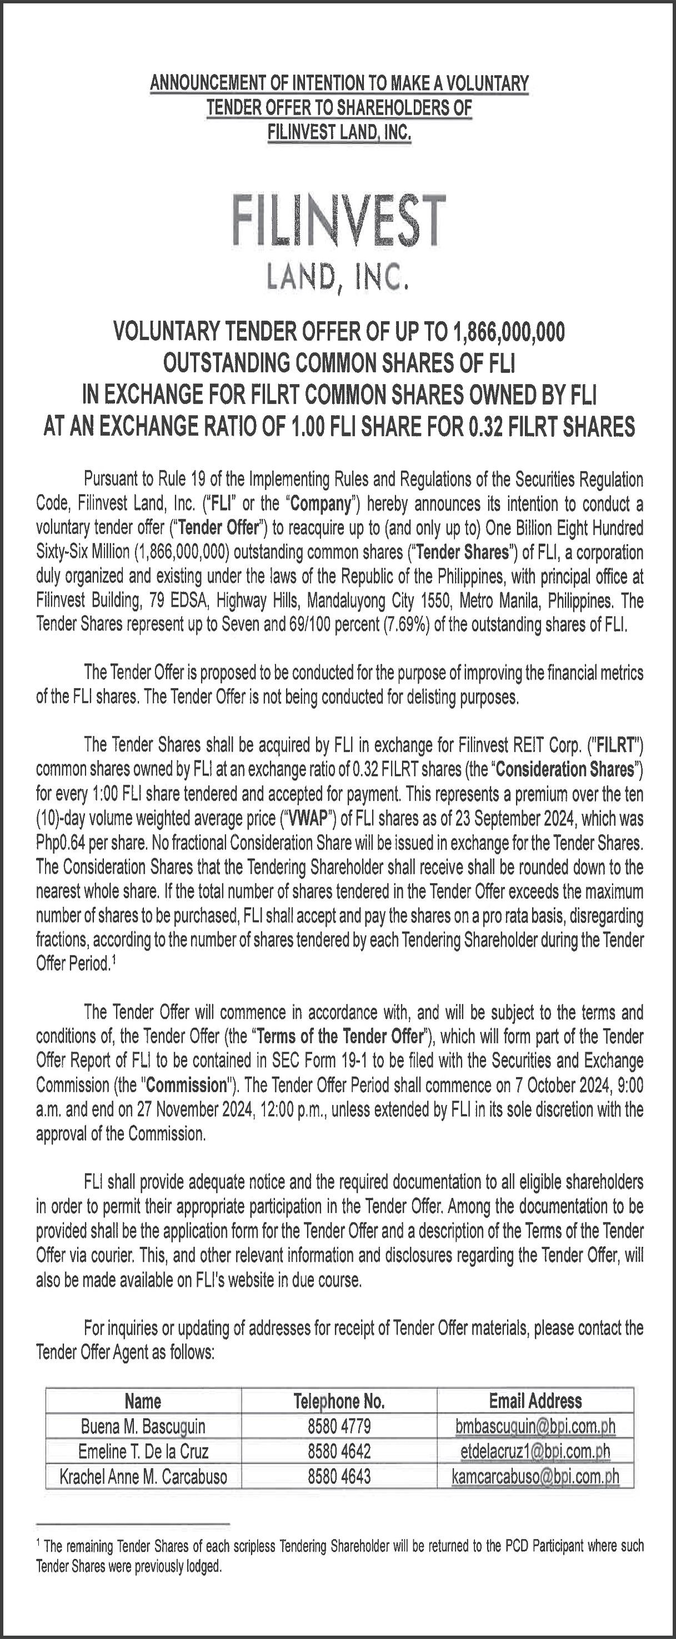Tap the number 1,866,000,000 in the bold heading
tap(509, 331)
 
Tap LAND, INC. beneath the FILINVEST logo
tap(337, 277)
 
